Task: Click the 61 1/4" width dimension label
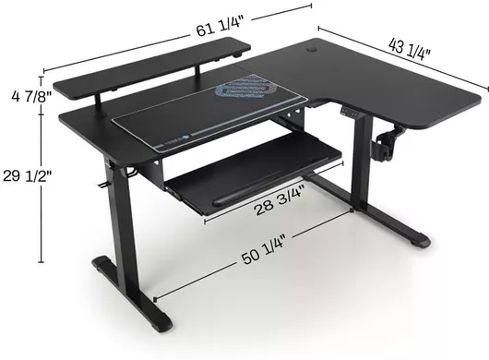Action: point(220,26)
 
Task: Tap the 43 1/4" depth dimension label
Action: point(410,49)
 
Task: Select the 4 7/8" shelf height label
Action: point(31,96)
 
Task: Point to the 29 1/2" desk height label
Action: point(27,176)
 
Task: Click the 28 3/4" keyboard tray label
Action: point(280,200)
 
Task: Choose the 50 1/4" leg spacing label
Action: point(264,248)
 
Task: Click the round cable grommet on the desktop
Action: point(312,49)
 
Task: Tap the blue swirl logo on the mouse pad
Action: point(245,89)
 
